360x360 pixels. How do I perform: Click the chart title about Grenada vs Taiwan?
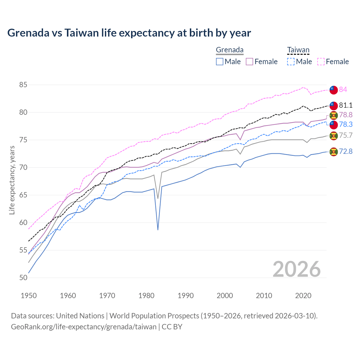click(x=129, y=33)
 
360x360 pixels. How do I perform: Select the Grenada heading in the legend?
click(x=229, y=50)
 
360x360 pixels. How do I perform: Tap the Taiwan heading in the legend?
click(x=298, y=50)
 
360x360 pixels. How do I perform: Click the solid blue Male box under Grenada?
click(x=220, y=62)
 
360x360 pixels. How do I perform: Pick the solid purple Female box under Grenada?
click(x=249, y=62)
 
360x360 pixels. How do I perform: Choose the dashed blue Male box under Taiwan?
click(x=291, y=62)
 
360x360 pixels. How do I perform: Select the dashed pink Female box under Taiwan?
click(x=321, y=62)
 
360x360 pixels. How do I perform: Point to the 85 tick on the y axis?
click(x=23, y=85)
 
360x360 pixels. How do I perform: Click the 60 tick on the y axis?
click(x=23, y=222)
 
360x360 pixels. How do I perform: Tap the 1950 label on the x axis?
click(x=29, y=296)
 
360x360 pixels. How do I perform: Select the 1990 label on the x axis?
click(x=186, y=296)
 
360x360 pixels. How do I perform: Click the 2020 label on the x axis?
click(x=303, y=296)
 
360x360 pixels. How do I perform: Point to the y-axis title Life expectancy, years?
click(x=12, y=180)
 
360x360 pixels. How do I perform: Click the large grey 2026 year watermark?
click(x=296, y=269)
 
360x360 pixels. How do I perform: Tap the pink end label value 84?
click(x=343, y=89)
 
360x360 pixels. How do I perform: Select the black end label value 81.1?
click(x=346, y=105)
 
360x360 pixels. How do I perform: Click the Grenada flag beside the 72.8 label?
click(x=334, y=152)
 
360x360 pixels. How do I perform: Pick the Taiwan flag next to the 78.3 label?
click(x=334, y=125)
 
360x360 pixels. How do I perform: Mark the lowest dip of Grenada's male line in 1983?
click(x=158, y=230)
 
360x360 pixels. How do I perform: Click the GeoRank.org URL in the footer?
click(x=84, y=327)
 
